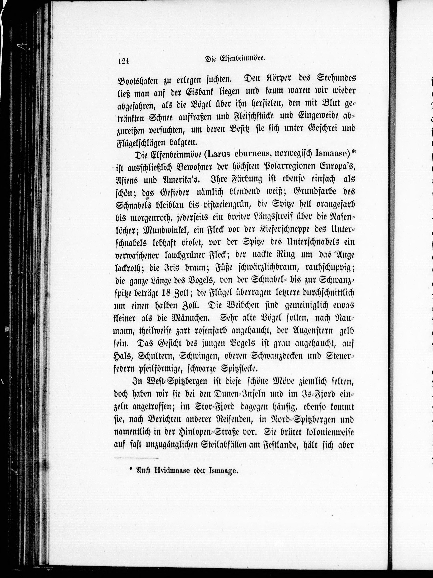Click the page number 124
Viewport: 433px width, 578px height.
pos(124,61)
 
